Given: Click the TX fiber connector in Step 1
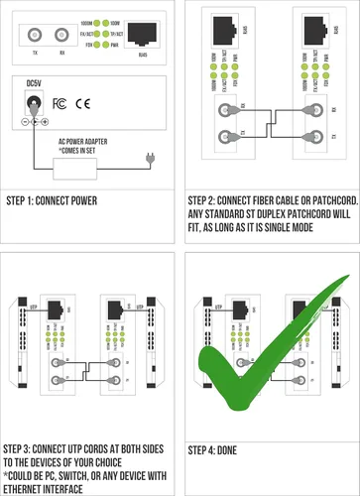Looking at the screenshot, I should [36, 40].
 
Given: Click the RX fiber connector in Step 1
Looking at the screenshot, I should [62, 40].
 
